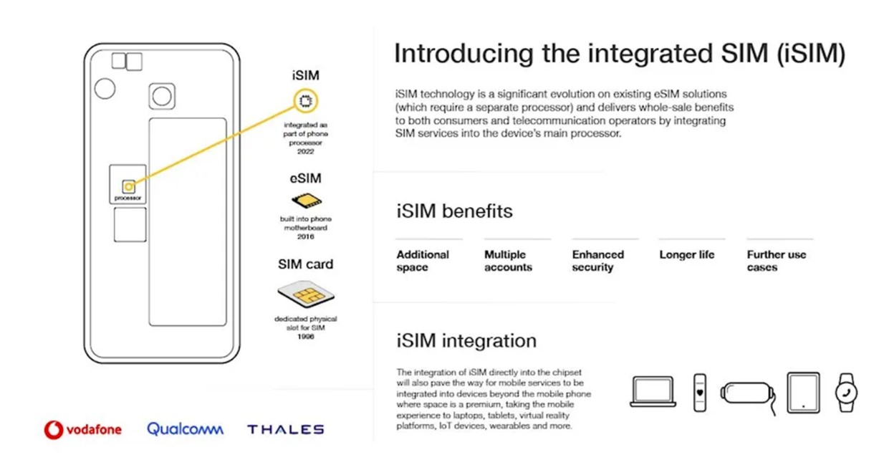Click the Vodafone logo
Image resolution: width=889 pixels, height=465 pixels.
[83, 429]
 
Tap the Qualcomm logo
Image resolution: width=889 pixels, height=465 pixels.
[185, 429]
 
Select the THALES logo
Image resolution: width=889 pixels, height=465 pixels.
[286, 429]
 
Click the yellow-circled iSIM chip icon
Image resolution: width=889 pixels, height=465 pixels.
[306, 101]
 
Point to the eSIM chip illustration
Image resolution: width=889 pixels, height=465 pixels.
[306, 200]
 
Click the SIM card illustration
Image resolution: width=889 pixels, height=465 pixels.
[306, 294]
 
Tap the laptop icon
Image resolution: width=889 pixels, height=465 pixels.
[653, 391]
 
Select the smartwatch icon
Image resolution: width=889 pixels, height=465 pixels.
[846, 393]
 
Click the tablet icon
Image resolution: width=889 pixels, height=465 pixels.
[803, 393]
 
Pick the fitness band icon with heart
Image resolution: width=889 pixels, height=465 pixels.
[700, 393]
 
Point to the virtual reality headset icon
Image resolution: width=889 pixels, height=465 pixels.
[748, 396]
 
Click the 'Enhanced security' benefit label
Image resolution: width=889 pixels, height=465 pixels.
[597, 261]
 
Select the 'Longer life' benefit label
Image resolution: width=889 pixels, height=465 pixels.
[687, 254]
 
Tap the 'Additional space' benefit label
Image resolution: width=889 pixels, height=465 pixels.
[423, 261]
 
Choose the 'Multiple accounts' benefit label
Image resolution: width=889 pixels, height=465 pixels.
[508, 261]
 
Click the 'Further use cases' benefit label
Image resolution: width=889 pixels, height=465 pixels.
[777, 261]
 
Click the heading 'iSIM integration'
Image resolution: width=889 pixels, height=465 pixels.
[466, 341]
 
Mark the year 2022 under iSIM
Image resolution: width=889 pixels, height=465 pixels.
[306, 151]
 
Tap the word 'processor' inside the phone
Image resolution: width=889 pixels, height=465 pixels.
[128, 198]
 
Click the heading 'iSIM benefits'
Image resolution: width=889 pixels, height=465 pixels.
[454, 211]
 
